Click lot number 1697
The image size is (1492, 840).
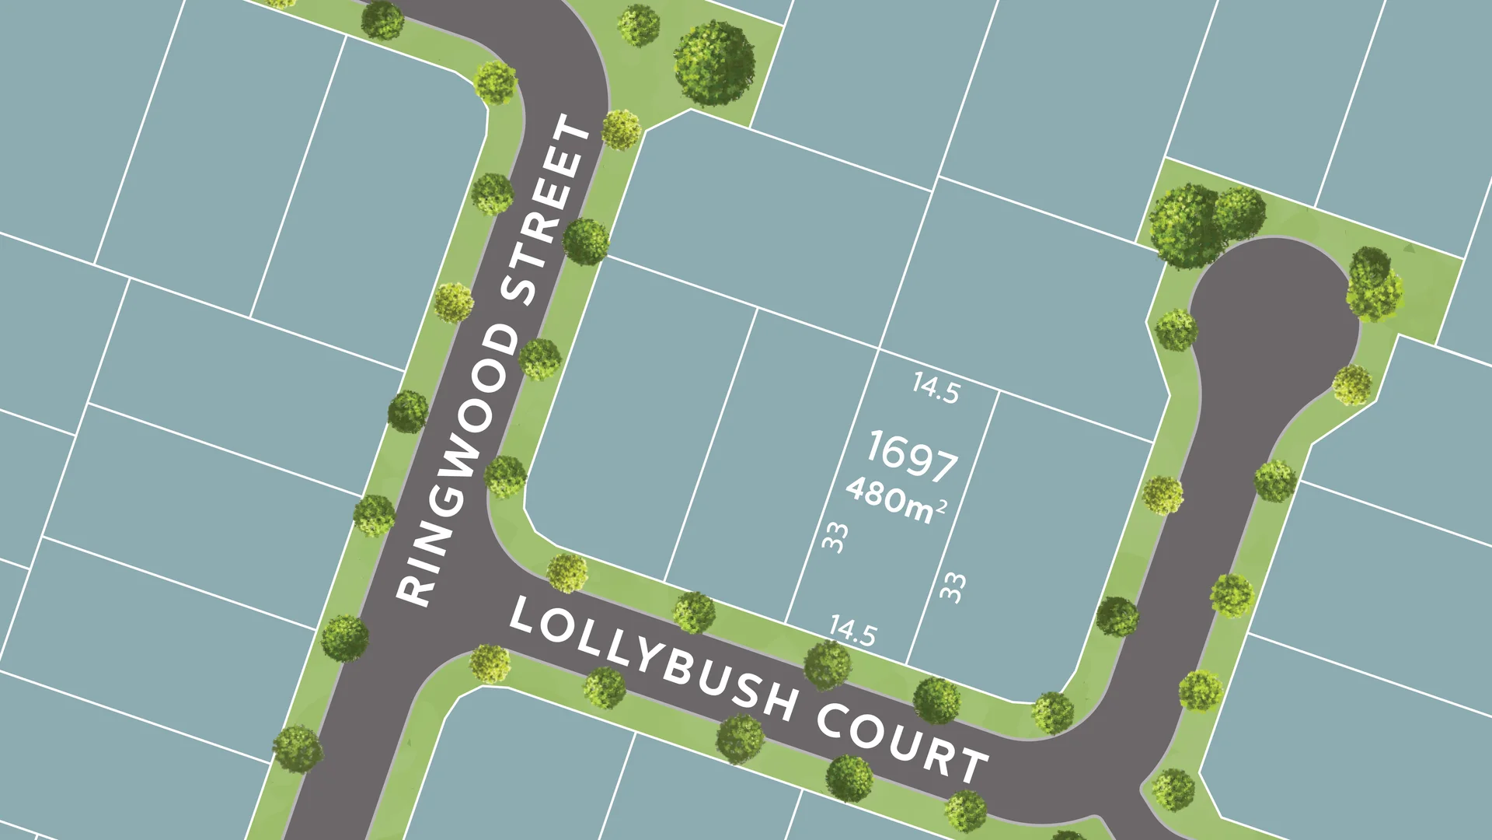tap(912, 456)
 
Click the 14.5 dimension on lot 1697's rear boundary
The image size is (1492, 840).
tap(936, 387)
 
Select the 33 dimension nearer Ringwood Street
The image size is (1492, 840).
tap(835, 537)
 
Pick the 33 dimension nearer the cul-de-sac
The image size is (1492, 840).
tap(953, 587)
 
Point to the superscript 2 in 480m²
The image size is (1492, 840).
tap(942, 507)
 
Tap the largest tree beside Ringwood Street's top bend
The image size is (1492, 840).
tap(713, 63)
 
